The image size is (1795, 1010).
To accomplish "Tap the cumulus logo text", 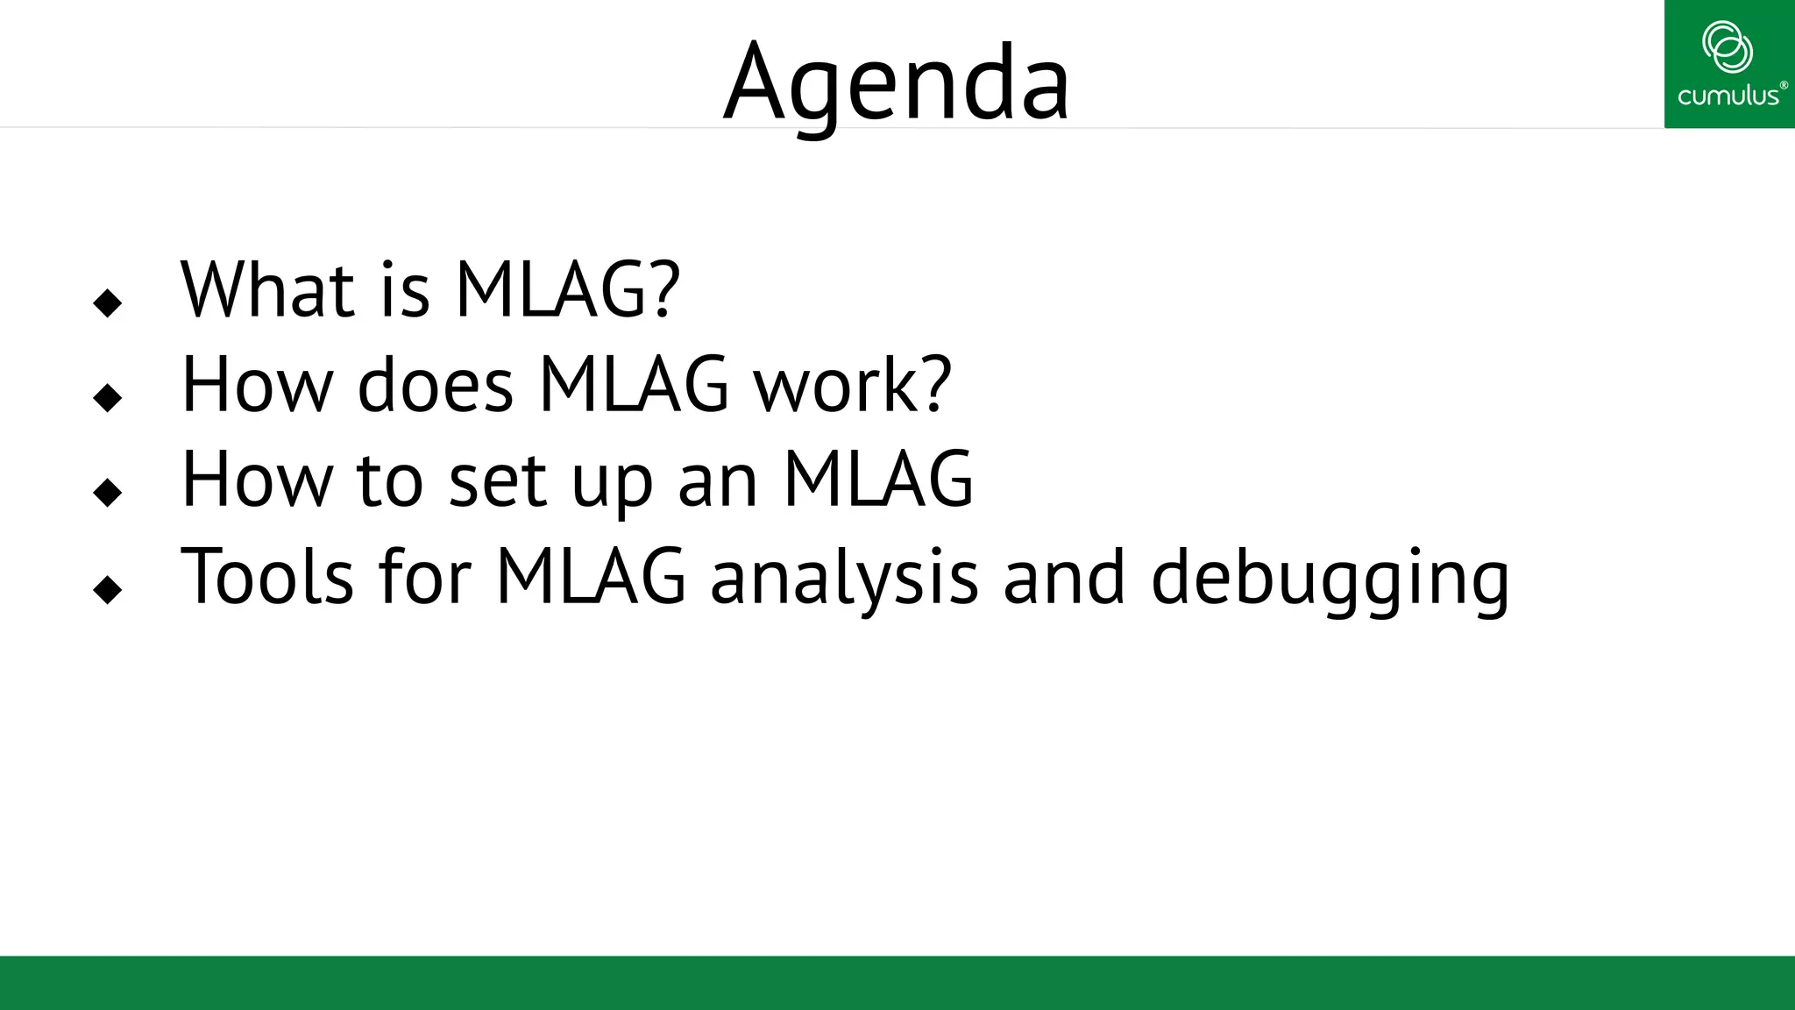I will click(1728, 96).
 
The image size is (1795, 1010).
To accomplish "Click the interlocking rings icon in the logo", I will click(1727, 46).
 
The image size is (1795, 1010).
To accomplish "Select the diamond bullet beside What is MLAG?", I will click(107, 303).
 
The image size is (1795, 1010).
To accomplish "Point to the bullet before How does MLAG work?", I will click(107, 398).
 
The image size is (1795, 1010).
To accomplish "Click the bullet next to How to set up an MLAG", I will click(107, 493).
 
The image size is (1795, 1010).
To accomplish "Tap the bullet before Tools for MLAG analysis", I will click(107, 590).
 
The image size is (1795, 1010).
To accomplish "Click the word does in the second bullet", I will click(435, 386).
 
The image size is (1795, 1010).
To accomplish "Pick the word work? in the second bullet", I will click(853, 386).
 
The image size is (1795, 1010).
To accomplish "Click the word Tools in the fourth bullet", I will click(266, 577).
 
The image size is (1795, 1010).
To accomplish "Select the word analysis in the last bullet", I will click(843, 579).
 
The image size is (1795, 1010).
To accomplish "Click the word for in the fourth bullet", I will click(425, 577).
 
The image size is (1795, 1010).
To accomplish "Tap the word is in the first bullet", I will click(405, 291).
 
